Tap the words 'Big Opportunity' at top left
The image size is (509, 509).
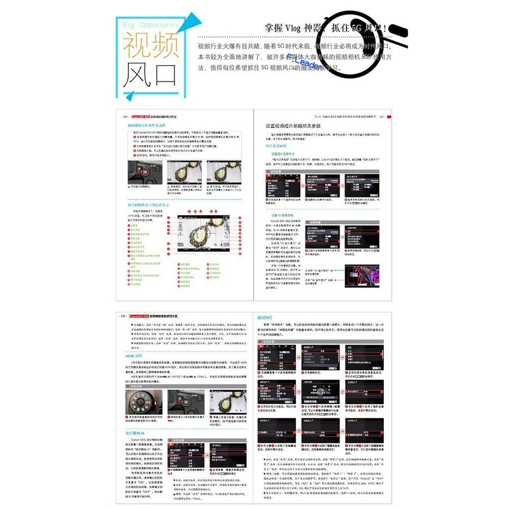pos(151,24)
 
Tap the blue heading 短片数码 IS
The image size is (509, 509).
pos(137,433)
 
